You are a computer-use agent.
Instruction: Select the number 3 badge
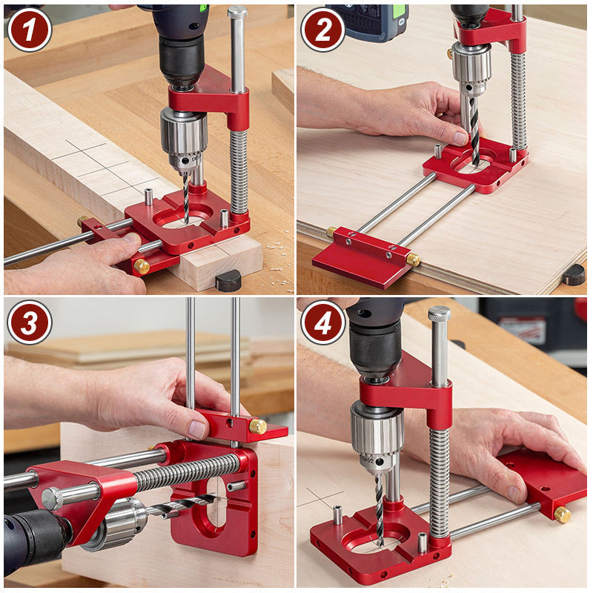29,322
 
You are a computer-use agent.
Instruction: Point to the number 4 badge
322,322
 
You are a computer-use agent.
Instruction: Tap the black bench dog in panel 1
228,280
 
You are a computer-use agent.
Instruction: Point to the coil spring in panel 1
239,172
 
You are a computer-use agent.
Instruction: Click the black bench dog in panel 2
573,274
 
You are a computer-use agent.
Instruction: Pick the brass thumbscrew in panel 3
257,426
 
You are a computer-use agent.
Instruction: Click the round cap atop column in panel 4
439,314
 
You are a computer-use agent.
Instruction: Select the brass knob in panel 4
563,514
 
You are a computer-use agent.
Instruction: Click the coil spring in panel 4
440,482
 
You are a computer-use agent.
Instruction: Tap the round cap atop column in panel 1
237,13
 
